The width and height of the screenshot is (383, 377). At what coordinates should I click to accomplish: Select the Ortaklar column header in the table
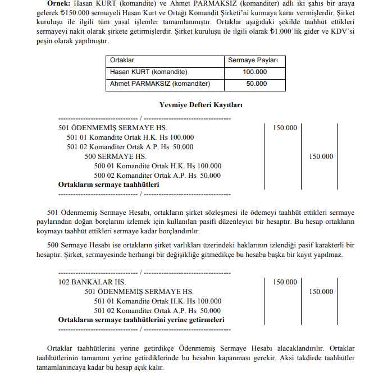tap(122, 60)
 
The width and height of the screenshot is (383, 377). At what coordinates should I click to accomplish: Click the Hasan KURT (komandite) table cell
tap(149, 72)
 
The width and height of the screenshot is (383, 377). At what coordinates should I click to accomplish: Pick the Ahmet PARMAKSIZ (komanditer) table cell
tap(160, 84)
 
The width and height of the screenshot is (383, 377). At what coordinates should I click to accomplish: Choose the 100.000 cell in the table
tap(255, 72)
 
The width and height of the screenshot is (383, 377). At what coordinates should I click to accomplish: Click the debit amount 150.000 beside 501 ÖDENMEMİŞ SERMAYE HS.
tap(285, 128)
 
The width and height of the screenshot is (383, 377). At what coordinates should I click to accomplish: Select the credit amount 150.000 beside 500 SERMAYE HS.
tap(321, 157)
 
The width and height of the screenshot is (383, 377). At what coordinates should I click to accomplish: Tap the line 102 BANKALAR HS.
tap(92, 282)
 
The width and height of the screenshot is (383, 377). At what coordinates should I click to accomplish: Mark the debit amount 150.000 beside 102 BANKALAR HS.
tap(285, 282)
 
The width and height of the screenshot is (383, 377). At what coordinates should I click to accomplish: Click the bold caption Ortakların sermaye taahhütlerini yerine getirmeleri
tap(142, 319)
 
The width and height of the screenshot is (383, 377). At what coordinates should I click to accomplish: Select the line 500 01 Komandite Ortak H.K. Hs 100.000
tap(158, 165)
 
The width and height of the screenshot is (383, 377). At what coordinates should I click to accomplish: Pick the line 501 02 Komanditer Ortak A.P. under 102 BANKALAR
tap(157, 310)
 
